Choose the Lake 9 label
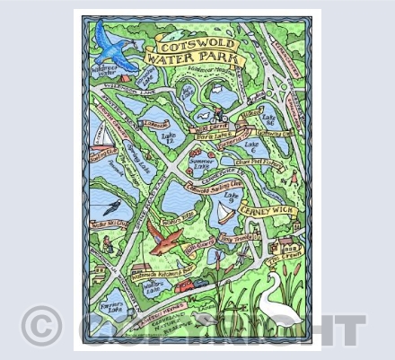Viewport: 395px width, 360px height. coord(232,195)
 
